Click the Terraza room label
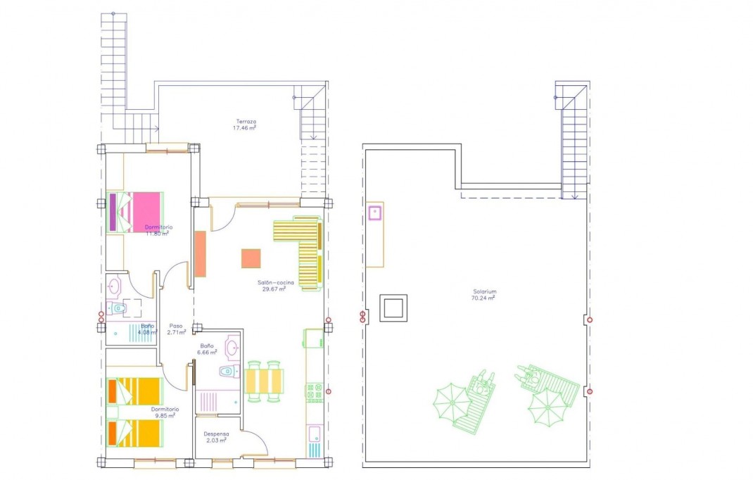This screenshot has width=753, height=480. pos(246,122)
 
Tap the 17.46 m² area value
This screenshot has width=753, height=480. pos(245,128)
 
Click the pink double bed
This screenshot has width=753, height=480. pos(139,210)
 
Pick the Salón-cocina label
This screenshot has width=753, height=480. pos(274,282)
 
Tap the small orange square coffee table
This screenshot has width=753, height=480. pos(251,258)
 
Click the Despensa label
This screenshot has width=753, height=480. pos(216,434)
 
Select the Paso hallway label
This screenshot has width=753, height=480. pos(176,326)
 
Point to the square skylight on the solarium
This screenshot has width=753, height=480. pos(393,308)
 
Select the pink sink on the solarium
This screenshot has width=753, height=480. pos(374,211)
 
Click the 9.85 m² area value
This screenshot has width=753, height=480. pos(165,415)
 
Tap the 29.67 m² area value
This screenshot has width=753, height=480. pos(274,289)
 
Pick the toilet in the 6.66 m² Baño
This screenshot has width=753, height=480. pos(226,371)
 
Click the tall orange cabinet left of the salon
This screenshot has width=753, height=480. pos(201,253)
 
